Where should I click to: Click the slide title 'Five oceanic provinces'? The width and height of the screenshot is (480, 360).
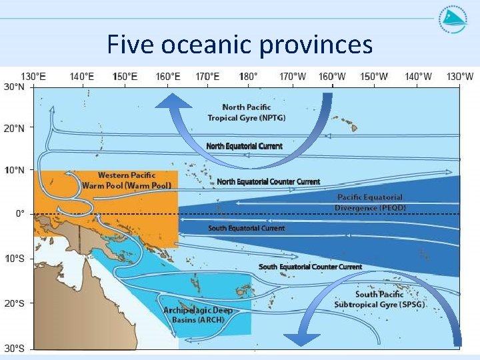239,45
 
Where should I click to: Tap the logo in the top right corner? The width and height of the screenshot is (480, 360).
453,19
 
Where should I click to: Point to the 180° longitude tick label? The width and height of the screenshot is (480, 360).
249,77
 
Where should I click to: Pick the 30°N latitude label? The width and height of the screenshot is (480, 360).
15,87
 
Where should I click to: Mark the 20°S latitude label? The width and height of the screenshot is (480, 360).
15,303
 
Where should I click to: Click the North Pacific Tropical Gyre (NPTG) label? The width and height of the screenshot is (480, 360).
247,112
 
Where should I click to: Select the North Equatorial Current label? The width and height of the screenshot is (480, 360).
244,146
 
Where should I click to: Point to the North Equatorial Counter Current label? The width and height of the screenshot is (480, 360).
268,181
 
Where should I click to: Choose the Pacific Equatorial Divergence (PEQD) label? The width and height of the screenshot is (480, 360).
370,202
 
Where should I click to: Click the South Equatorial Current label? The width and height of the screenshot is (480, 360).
246,228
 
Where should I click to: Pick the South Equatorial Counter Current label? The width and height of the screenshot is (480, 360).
310,267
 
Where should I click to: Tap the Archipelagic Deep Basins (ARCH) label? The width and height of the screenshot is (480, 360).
193,315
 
